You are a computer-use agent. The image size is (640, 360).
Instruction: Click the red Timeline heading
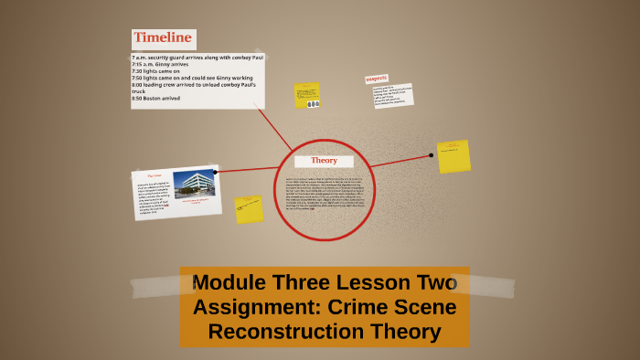click(163, 37)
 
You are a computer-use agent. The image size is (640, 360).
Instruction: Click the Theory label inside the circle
click(324, 160)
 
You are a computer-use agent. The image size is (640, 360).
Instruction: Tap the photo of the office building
click(194, 185)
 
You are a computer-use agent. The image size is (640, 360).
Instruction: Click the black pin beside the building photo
click(215, 172)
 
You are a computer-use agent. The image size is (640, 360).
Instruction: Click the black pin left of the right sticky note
click(432, 155)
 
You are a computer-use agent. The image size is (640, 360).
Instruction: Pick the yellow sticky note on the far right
click(453, 157)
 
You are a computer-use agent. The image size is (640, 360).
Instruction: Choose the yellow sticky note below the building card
click(249, 209)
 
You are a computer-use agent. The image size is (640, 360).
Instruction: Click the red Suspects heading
click(377, 79)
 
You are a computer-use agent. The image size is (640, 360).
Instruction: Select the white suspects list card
click(392, 95)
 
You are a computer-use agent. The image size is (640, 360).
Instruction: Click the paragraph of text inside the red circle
click(325, 193)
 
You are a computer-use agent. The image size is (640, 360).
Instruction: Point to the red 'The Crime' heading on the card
click(155, 175)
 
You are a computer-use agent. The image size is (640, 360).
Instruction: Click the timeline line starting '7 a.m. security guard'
click(197, 58)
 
